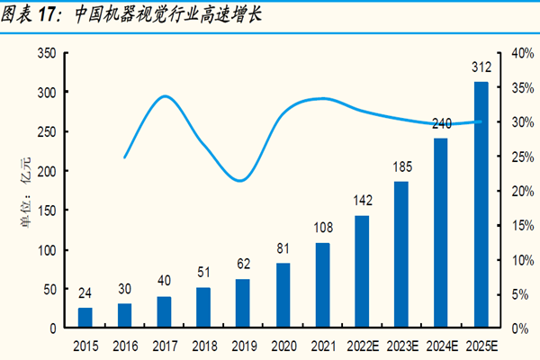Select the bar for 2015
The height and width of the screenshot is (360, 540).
tap(85, 318)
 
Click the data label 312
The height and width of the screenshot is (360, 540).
tap(481, 67)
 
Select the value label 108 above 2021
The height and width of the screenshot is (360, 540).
tap(322, 228)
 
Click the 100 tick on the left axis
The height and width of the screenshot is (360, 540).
tap(45, 249)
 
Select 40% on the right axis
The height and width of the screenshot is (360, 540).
tap(523, 53)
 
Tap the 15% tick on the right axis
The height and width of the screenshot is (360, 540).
tap(523, 225)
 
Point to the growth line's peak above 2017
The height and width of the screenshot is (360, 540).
tap(164, 96)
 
